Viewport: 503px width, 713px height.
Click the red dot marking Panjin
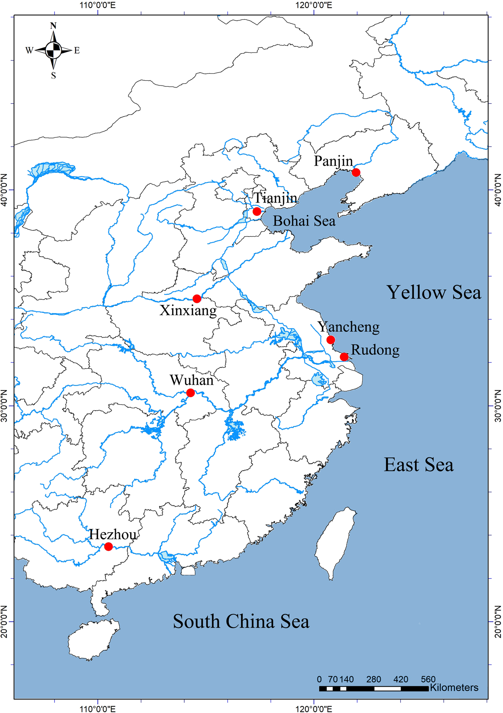[356, 173]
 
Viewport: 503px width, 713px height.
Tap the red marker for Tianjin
[257, 211]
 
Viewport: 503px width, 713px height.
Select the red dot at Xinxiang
[197, 299]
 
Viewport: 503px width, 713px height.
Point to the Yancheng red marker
[330, 340]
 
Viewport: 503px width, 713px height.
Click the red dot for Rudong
[344, 357]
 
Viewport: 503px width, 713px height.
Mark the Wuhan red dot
[190, 393]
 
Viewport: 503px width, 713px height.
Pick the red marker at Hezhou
[108, 547]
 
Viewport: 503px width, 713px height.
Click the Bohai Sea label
[304, 221]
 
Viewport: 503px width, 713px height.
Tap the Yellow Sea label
[434, 292]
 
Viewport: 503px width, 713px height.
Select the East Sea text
[418, 464]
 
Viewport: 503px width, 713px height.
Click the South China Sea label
[241, 621]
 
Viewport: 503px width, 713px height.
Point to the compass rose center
[53, 50]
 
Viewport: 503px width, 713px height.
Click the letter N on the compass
[53, 26]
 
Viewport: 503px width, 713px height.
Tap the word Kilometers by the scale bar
[454, 688]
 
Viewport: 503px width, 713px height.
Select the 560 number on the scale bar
[428, 679]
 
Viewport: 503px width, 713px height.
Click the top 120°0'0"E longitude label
[314, 5]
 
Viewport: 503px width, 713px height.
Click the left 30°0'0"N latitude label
[4, 406]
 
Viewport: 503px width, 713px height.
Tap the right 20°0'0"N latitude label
[498, 621]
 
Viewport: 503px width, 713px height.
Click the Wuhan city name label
[191, 380]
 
